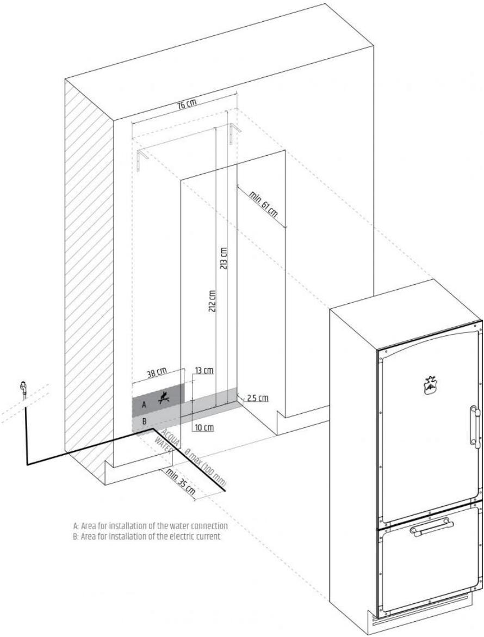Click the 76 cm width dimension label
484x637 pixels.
click(187, 105)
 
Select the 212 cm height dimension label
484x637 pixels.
click(212, 301)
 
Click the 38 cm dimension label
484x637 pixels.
click(157, 373)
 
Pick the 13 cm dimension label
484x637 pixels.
click(204, 371)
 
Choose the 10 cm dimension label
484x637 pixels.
click(204, 427)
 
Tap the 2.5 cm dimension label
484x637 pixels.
click(258, 398)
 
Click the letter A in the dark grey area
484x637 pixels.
click(144, 405)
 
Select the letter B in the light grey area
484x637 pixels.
click(144, 422)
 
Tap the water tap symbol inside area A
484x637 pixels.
click(163, 398)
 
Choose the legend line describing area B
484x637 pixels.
click(147, 536)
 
